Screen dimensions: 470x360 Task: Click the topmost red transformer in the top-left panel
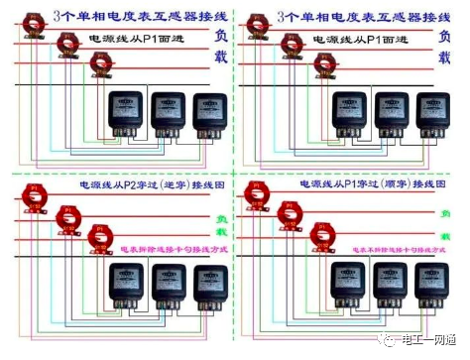(36, 20)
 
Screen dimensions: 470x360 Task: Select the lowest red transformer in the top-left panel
(98, 63)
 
